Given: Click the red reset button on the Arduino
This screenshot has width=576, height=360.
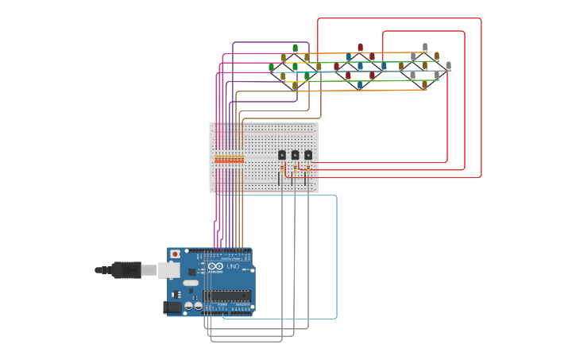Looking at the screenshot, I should (175, 254).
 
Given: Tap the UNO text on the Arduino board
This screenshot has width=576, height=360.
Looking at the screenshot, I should (233, 266).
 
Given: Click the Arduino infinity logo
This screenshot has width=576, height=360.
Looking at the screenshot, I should (215, 266).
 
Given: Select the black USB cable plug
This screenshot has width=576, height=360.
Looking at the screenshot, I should (126, 270).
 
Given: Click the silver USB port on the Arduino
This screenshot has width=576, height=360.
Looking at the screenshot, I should (168, 270).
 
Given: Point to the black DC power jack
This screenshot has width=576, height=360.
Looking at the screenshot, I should (172, 307).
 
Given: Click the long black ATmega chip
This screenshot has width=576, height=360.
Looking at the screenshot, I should (227, 296).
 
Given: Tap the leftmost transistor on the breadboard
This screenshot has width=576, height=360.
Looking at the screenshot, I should (281, 155).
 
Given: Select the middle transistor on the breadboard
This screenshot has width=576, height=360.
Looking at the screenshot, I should (295, 155).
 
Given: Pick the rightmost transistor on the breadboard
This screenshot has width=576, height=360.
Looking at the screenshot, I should (308, 155).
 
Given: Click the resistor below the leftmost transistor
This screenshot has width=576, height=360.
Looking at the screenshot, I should (283, 168).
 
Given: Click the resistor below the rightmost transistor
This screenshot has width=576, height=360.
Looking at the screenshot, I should (308, 168).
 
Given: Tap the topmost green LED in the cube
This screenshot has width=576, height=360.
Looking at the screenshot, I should (295, 48).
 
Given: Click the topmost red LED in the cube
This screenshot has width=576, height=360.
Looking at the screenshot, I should (360, 48).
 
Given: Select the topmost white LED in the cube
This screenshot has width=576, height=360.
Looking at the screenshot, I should (425, 47).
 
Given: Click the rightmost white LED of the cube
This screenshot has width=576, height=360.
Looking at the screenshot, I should (448, 66).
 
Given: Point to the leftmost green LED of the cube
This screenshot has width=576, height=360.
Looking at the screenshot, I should (271, 68).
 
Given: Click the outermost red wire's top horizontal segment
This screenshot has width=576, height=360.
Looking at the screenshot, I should (397, 18).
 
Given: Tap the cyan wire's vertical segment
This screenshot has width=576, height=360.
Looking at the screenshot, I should (337, 254).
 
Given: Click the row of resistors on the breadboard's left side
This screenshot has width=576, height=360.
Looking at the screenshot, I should (229, 160).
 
